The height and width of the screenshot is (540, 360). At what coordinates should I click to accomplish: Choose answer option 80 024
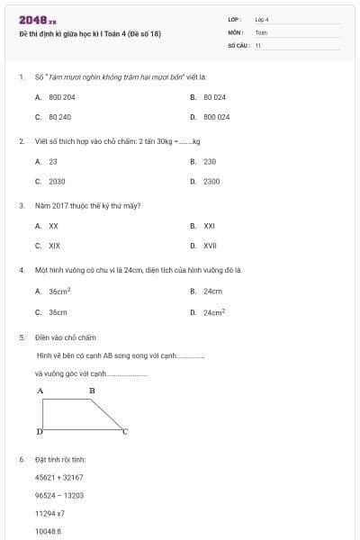214,96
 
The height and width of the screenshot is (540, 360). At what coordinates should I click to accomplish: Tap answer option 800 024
216,117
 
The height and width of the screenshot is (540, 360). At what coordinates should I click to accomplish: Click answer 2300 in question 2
211,181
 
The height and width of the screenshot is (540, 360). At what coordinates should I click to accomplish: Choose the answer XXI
209,225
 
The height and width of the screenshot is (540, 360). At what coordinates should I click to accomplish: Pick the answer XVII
210,245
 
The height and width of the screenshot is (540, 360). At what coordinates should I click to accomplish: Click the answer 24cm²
213,312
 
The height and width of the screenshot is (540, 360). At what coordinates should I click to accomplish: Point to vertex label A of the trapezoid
40,391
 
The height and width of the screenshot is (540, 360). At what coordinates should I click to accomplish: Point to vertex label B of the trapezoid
92,391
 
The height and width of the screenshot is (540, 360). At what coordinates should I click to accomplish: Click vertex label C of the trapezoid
125,432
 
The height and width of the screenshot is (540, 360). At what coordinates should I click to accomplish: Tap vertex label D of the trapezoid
39,432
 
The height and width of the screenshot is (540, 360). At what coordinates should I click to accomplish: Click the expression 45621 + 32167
58,477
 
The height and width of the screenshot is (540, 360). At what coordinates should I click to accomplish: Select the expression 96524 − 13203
58,495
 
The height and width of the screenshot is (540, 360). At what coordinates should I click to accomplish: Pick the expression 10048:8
49,531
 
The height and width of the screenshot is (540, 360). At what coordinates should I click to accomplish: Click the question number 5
21,337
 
